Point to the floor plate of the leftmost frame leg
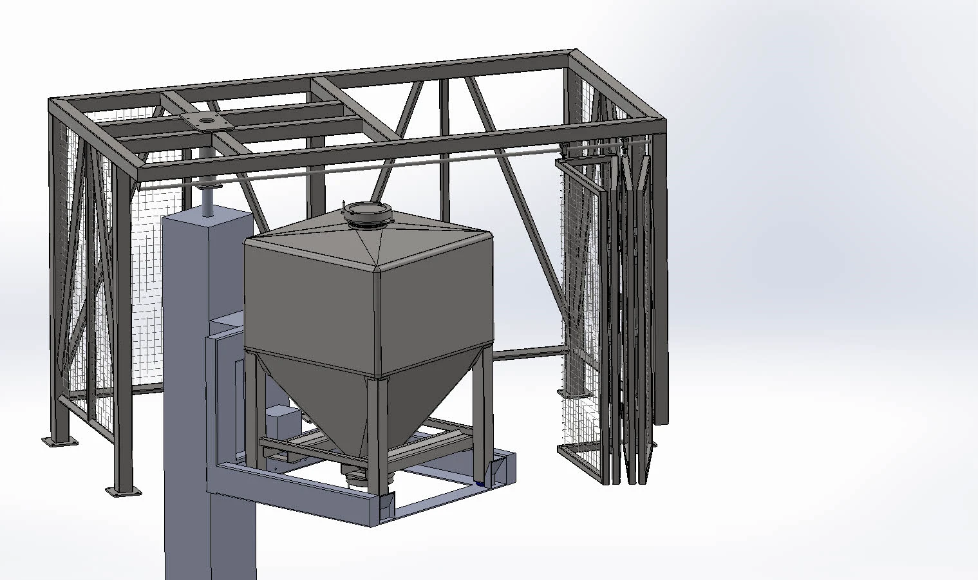[x=59, y=441]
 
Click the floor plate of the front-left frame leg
[x=124, y=492]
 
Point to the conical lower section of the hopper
[x=386, y=406]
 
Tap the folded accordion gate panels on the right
[x=634, y=309]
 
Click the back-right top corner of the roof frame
[x=573, y=53]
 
